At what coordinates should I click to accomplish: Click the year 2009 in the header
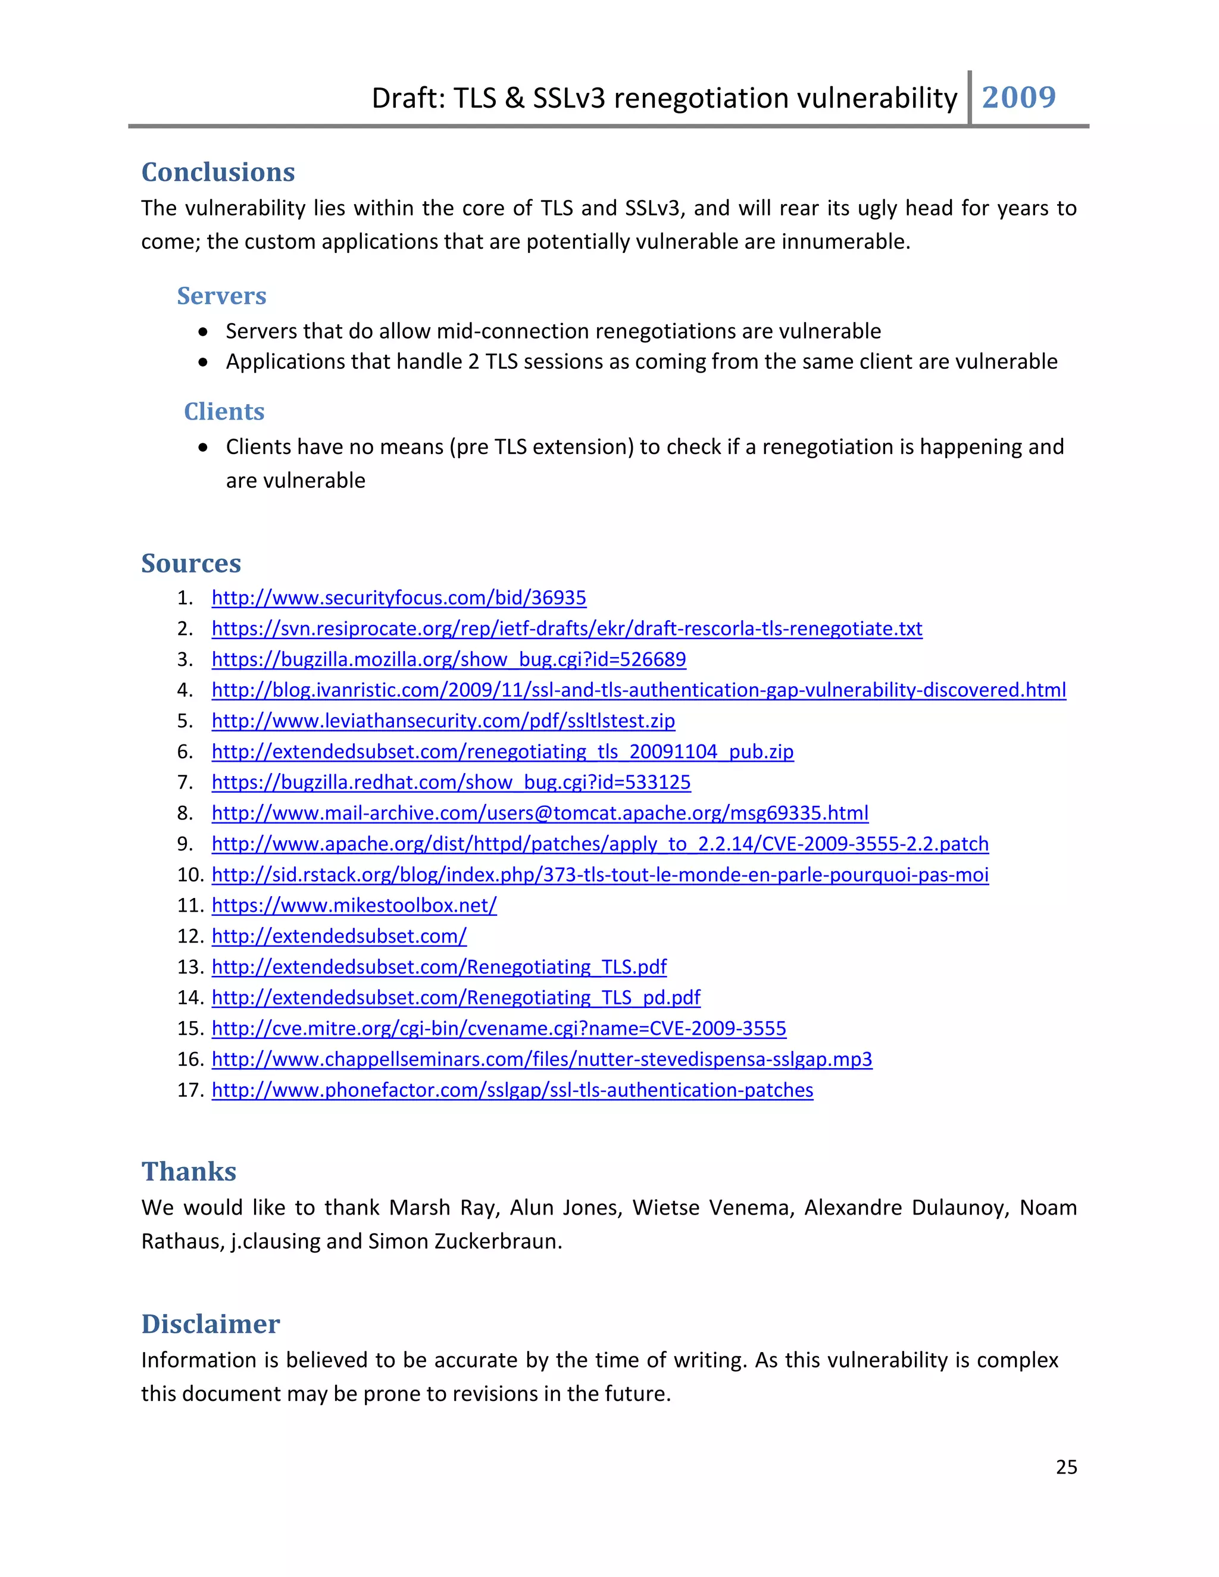[x=1018, y=98]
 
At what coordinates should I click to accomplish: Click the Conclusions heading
[x=218, y=172]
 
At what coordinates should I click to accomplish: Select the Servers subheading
[x=221, y=295]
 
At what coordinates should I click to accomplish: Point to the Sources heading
[x=192, y=562]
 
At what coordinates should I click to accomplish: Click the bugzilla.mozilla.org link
[x=448, y=659]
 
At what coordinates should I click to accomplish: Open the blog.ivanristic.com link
[x=639, y=690]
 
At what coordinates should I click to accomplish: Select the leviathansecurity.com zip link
[x=443, y=721]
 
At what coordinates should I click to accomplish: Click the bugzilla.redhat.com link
[x=451, y=782]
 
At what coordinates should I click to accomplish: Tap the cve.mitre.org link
[x=499, y=1028]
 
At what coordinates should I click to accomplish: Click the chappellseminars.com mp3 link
[x=542, y=1059]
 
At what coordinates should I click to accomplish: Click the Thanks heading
[x=189, y=1171]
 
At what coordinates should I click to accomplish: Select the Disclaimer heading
[x=211, y=1323]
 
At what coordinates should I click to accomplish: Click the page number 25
[x=1066, y=1466]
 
